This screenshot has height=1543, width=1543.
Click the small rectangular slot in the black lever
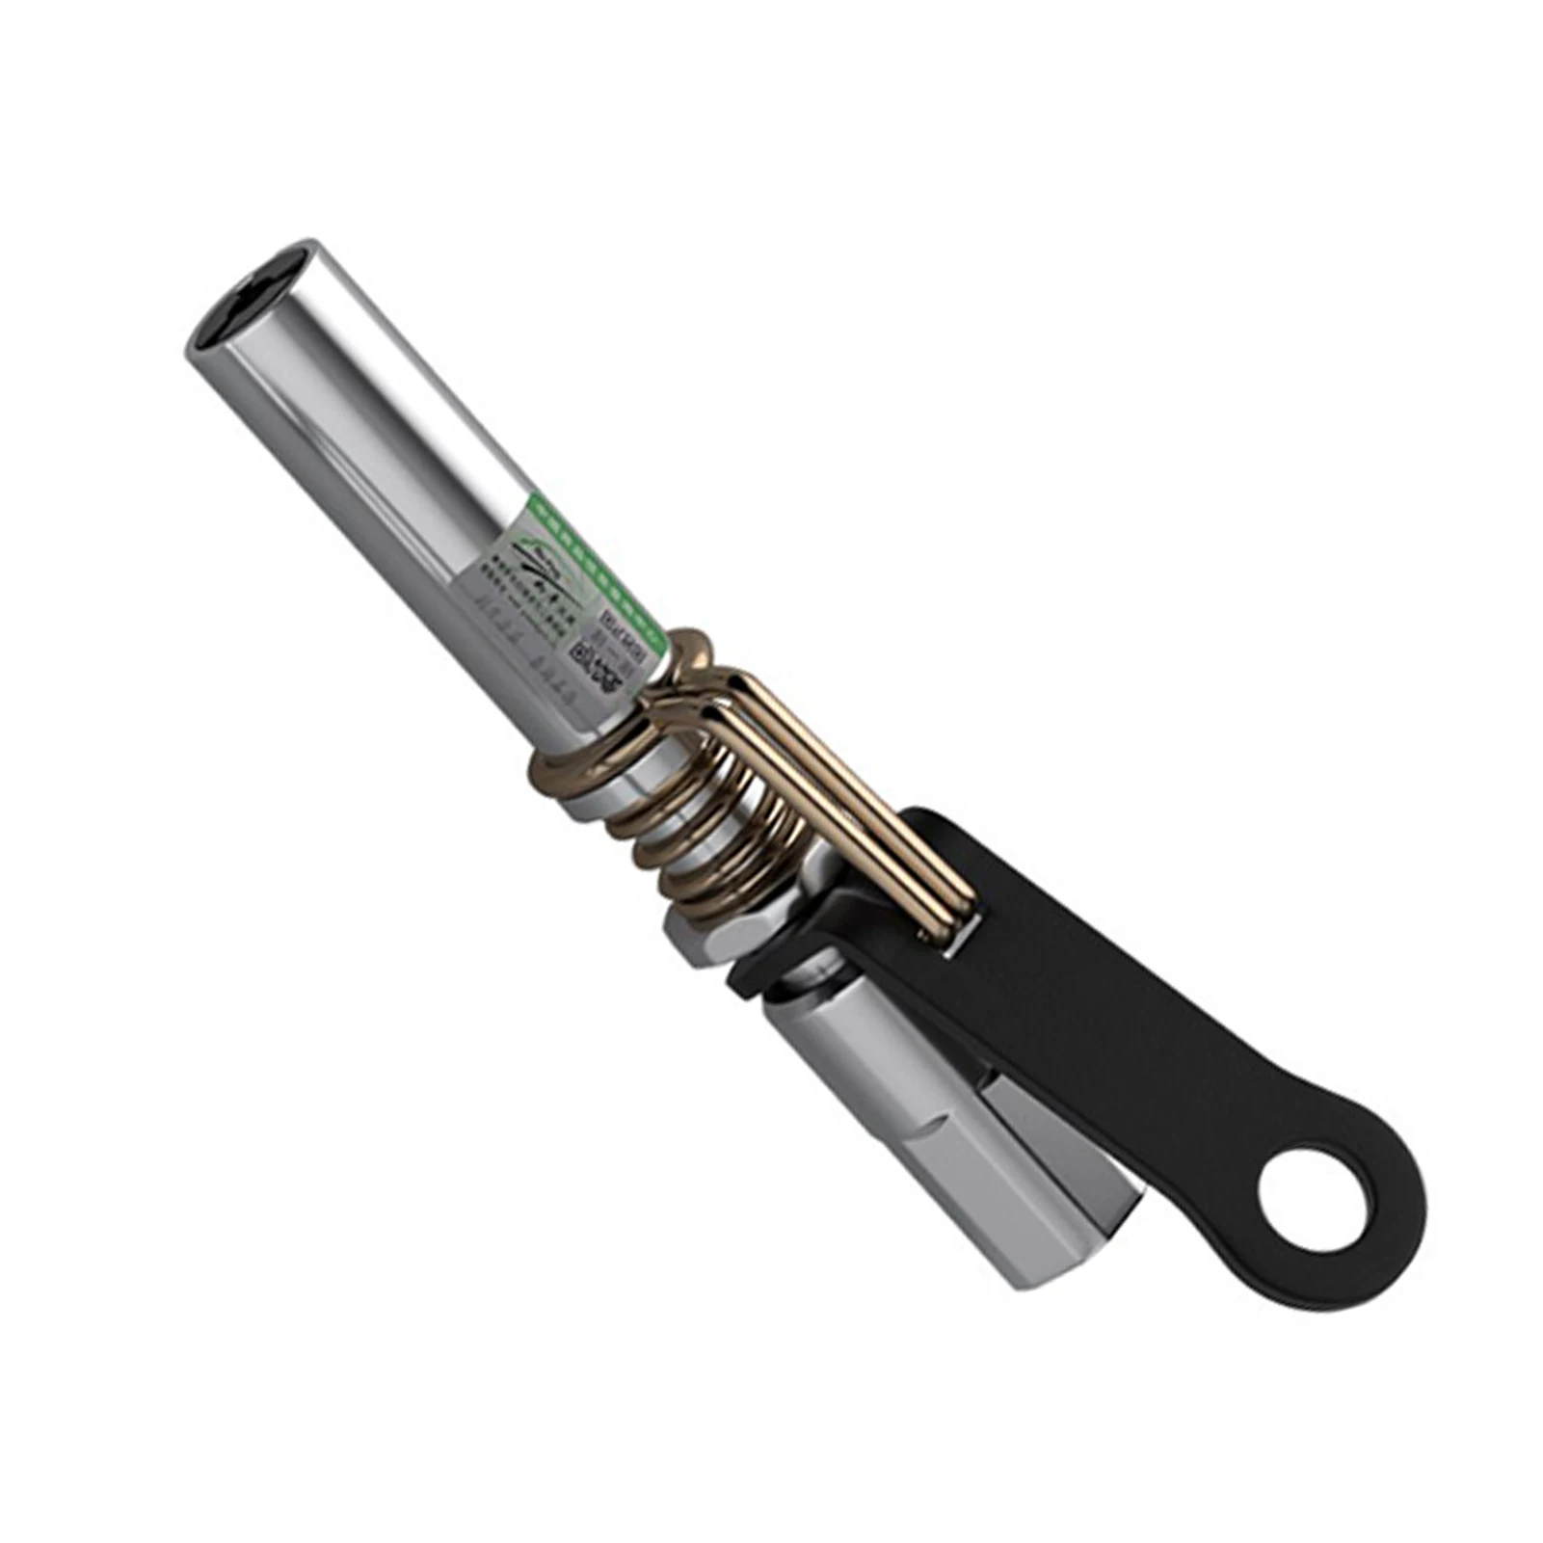pos(949,949)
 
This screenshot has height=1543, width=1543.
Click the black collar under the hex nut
pos(761,978)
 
